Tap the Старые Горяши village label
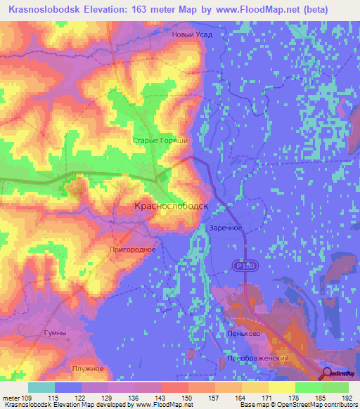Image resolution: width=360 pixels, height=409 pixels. coord(160,141)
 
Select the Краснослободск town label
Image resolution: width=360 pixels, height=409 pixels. coord(172,206)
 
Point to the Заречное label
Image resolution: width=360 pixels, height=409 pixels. coord(226,228)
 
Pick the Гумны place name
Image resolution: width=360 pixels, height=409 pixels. coord(55,332)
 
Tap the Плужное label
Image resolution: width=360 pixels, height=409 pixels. coord(88,368)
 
